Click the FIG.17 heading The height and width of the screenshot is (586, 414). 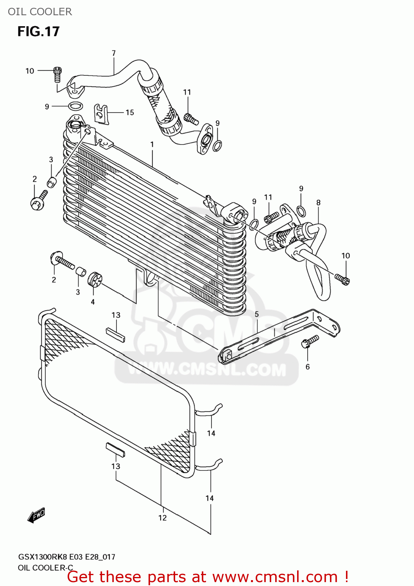[x=38, y=31]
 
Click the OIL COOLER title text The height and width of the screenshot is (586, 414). [x=40, y=12]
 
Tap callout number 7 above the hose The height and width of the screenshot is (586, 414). [x=114, y=53]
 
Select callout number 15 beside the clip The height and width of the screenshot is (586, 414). [x=130, y=113]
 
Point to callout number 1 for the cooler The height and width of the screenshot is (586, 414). [x=152, y=145]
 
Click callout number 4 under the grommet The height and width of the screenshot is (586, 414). [x=93, y=302]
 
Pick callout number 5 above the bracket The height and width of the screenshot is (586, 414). [x=257, y=314]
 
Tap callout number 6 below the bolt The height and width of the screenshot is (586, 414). [x=308, y=366]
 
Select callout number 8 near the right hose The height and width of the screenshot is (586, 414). [x=319, y=202]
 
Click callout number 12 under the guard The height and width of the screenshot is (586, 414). [x=163, y=518]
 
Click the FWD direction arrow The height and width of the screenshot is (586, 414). [x=36, y=515]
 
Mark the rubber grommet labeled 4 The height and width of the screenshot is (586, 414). [x=95, y=279]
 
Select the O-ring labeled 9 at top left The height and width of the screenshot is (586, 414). [x=75, y=106]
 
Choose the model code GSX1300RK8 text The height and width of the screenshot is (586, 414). [x=43, y=557]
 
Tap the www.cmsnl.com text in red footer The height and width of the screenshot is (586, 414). [x=275, y=577]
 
